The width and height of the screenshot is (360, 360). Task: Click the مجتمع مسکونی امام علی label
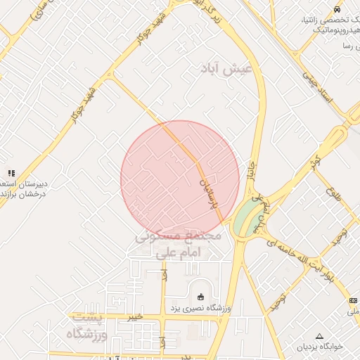click(x=179, y=243)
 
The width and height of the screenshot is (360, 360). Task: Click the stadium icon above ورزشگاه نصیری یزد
click(x=201, y=296)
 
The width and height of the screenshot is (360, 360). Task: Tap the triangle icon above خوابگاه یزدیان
click(x=320, y=336)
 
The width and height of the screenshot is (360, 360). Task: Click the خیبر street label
click(x=135, y=317)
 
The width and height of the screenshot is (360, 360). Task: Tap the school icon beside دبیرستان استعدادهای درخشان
click(x=11, y=173)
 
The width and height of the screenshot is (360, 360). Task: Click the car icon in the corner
click(x=337, y=10)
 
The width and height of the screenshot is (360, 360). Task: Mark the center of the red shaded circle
click(x=180, y=180)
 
